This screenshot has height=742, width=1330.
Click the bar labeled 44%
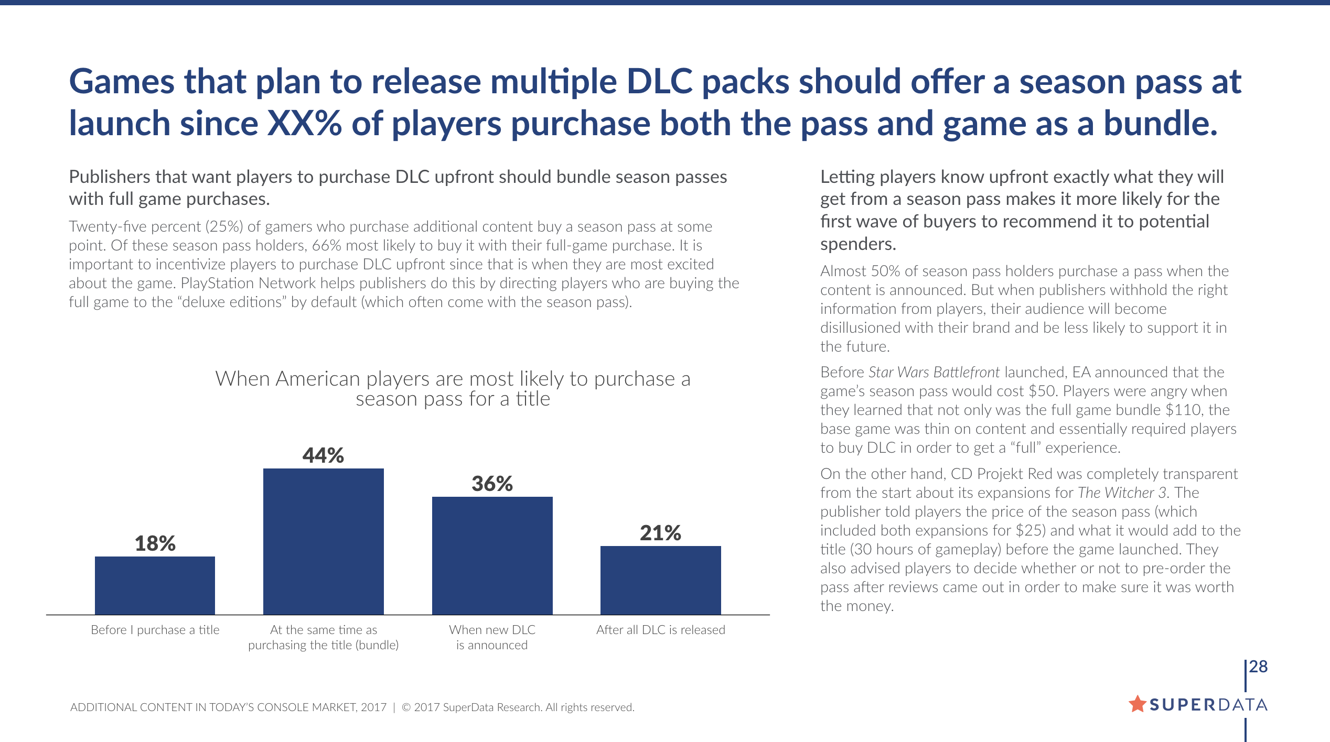323,541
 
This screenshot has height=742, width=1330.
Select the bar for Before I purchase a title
155,585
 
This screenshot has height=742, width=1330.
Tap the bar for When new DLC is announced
492,555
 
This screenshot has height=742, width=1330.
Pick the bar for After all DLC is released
660,580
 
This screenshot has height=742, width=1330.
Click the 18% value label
155,543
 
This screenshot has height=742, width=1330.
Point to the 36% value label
492,484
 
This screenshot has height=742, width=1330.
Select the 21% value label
660,533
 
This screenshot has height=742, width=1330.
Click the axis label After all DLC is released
660,630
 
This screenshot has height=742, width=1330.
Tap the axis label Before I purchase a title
155,630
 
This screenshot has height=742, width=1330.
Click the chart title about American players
453,388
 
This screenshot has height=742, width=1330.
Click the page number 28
1258,667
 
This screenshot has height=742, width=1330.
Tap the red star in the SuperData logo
1137,704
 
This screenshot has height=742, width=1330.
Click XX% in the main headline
304,124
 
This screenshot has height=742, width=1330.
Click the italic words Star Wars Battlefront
934,372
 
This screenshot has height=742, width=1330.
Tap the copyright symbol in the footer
406,707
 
